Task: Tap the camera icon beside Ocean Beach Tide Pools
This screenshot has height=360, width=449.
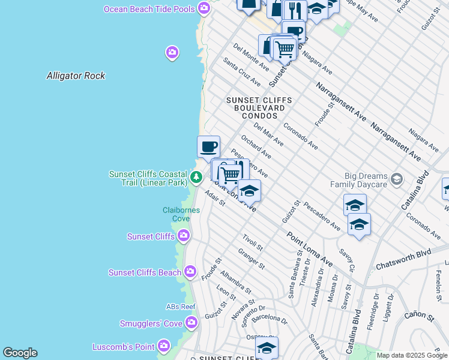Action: click(204, 8)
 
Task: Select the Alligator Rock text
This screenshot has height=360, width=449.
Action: click(76, 76)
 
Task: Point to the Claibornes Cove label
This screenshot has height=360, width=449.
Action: click(176, 214)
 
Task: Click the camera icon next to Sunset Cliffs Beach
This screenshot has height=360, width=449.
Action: click(190, 272)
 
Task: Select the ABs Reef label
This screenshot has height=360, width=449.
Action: click(181, 307)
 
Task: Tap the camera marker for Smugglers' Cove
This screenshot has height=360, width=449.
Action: click(191, 324)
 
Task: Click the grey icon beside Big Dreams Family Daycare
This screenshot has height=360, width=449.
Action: click(396, 179)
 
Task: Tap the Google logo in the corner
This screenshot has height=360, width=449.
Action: click(20, 353)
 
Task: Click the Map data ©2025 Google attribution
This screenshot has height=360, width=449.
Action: click(412, 355)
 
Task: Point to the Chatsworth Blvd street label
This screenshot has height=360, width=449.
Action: click(403, 259)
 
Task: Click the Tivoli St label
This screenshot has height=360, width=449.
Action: click(253, 243)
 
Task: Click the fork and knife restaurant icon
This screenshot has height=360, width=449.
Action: click(294, 10)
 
